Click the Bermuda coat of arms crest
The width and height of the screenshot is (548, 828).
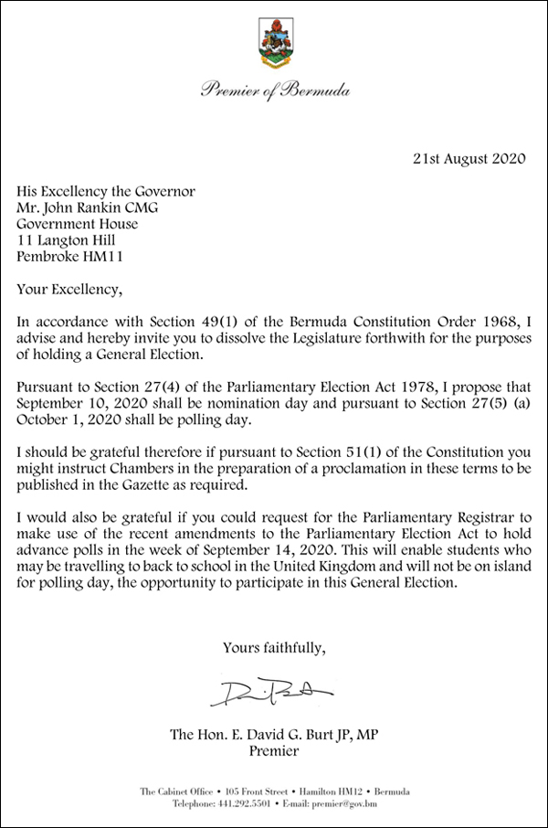(x=274, y=45)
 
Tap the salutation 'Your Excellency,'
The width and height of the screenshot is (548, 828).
(x=68, y=291)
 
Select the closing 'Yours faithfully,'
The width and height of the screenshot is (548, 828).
(x=274, y=648)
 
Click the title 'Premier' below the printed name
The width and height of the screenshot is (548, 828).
(x=274, y=752)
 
